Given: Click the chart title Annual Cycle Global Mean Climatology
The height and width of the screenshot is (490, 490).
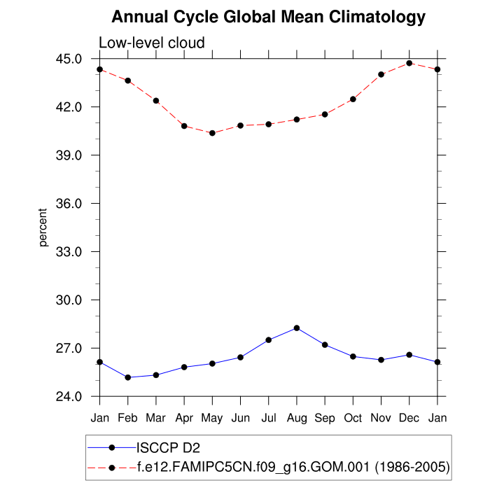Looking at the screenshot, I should [x=268, y=17].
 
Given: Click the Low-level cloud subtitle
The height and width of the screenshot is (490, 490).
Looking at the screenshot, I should [x=152, y=43].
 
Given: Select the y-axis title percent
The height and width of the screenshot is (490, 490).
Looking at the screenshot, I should [x=43, y=227].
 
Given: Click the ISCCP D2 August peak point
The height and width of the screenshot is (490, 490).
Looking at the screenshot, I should [x=297, y=328].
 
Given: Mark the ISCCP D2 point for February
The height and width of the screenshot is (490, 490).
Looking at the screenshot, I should [x=128, y=377].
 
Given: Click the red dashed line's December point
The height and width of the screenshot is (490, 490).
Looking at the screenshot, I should [x=409, y=63].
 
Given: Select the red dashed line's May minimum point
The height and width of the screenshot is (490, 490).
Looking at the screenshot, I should [x=212, y=133].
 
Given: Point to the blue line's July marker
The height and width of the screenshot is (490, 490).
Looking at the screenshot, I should [x=269, y=339].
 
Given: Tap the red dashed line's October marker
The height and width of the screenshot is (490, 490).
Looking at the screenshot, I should [x=353, y=99].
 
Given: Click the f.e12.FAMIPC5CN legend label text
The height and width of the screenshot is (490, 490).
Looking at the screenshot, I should [x=293, y=465].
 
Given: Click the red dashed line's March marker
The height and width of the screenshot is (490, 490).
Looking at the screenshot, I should [x=156, y=101].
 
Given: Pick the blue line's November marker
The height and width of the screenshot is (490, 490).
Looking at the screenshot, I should [x=381, y=360].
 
